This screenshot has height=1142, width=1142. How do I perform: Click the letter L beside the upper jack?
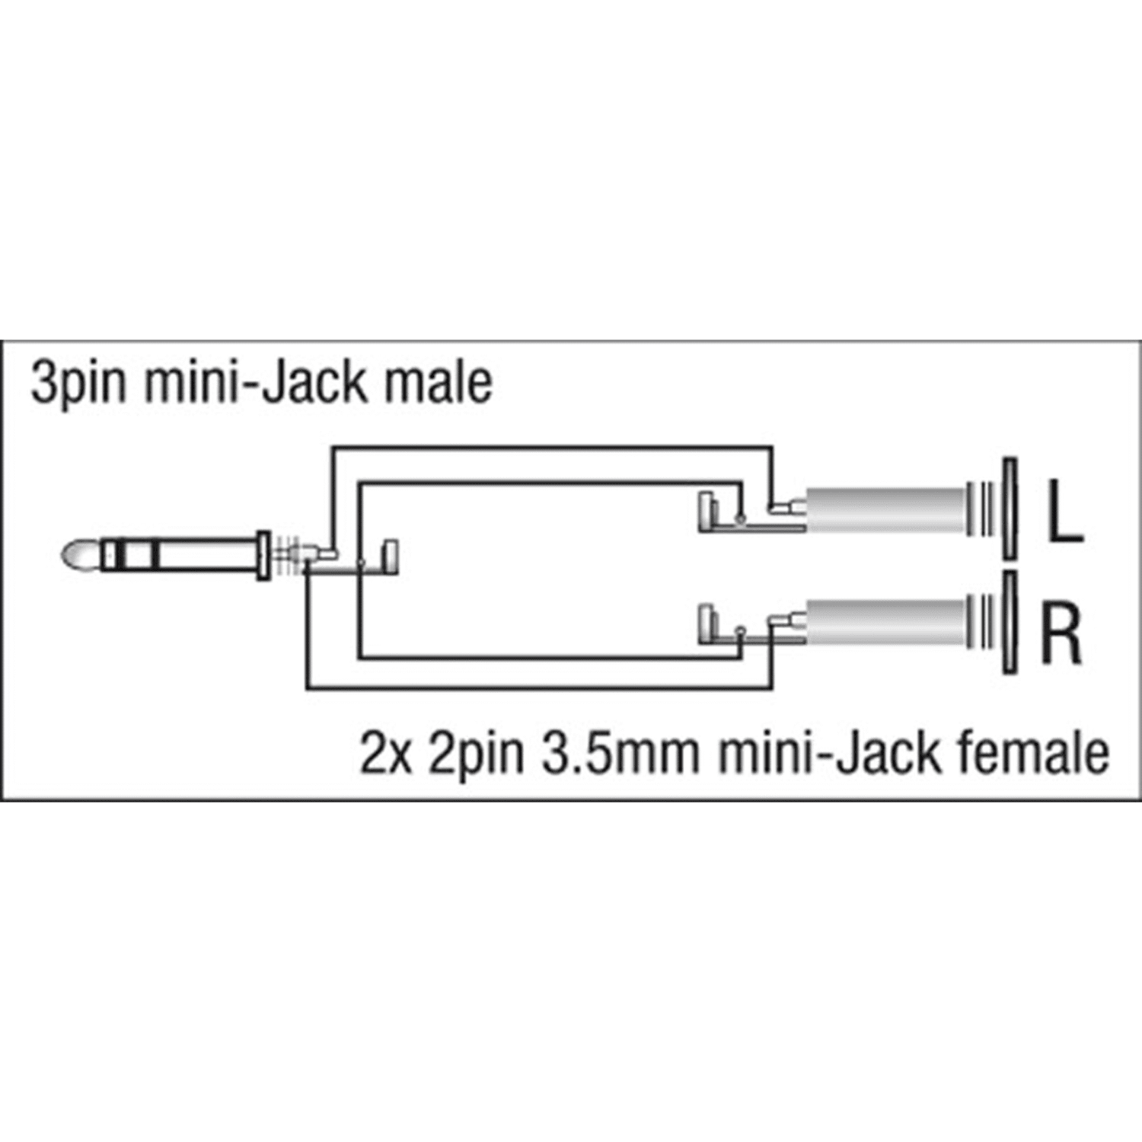point(1064,512)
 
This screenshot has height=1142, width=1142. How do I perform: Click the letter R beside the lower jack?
point(1061,631)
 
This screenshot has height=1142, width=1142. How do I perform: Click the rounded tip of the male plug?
point(75,555)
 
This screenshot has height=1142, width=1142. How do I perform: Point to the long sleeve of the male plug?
point(209,555)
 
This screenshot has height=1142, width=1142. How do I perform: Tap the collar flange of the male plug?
point(263,556)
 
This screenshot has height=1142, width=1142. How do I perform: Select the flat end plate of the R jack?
point(1009,622)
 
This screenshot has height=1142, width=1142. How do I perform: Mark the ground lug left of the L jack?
point(707,512)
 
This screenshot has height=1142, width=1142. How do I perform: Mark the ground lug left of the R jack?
point(707,622)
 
